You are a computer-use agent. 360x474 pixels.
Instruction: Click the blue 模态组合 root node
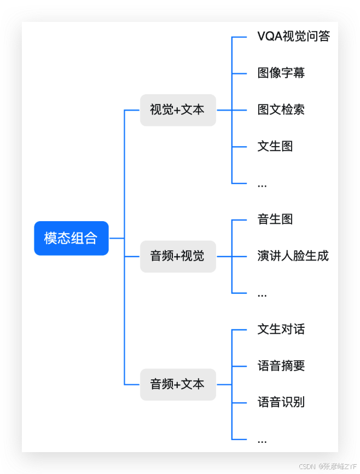[71, 238]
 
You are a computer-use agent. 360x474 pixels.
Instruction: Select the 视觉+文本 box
[178, 110]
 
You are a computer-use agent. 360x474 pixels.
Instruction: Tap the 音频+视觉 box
[178, 256]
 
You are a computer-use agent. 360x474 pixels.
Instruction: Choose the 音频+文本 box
[178, 384]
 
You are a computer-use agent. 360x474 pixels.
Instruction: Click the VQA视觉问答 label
[294, 37]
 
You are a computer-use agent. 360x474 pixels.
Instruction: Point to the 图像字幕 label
[281, 73]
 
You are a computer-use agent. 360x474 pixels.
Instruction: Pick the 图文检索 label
[281, 109]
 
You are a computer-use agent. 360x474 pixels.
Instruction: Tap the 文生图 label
[275, 146]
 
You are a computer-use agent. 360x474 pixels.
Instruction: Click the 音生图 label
[275, 219]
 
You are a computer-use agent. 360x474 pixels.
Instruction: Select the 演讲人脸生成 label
[293, 256]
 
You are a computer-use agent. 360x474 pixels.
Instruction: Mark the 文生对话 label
[281, 330]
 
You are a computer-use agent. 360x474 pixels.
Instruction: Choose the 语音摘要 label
[281, 366]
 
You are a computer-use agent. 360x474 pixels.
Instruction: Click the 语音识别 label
[281, 403]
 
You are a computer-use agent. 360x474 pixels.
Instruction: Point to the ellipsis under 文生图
[262, 185]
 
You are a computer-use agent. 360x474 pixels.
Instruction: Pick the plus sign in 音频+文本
[177, 385]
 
